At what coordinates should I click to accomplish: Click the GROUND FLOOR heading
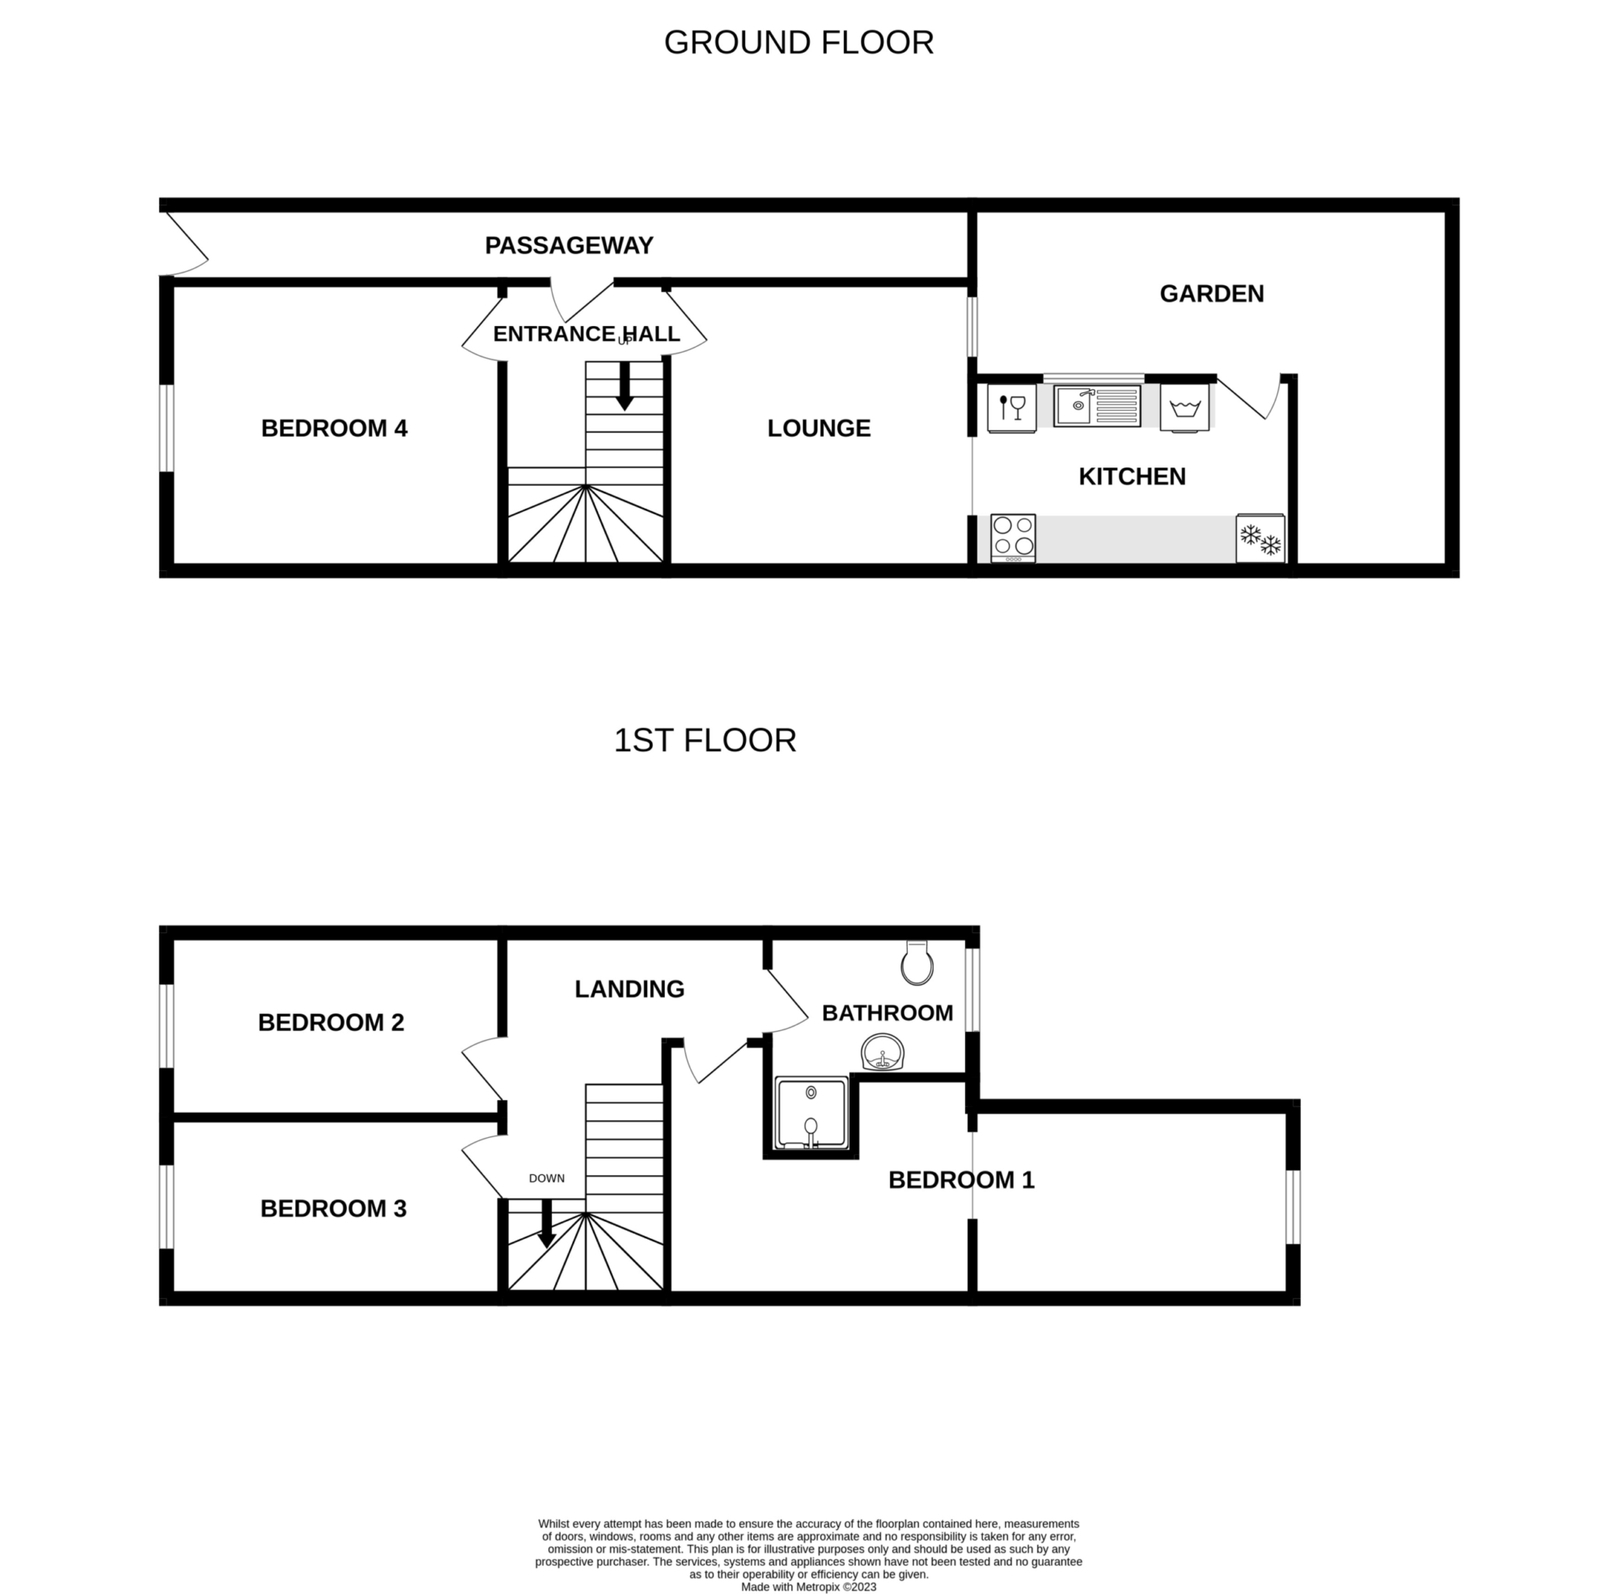tap(798, 43)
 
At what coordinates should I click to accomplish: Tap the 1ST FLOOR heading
tap(705, 740)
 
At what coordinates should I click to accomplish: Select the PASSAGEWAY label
tap(570, 245)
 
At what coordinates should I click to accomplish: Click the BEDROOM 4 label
tap(334, 429)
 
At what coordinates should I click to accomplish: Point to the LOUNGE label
tap(819, 429)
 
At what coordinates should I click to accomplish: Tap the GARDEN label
tap(1212, 294)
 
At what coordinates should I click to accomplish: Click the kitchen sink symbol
tap(1097, 405)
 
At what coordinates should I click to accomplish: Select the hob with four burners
tap(1014, 538)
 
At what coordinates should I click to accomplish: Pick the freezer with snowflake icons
tap(1260, 539)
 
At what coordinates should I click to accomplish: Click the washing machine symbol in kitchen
tap(1185, 408)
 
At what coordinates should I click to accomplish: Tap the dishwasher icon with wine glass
tap(1012, 408)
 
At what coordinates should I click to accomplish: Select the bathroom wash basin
tap(883, 1053)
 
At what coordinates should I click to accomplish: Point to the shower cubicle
tap(811, 1113)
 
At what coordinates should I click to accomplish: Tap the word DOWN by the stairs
tap(547, 1178)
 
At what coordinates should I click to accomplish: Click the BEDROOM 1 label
tap(961, 1181)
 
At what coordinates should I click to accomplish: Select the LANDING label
tap(629, 990)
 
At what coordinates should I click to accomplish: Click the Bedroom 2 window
tap(167, 1026)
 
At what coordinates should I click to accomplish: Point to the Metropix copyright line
tap(809, 1588)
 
